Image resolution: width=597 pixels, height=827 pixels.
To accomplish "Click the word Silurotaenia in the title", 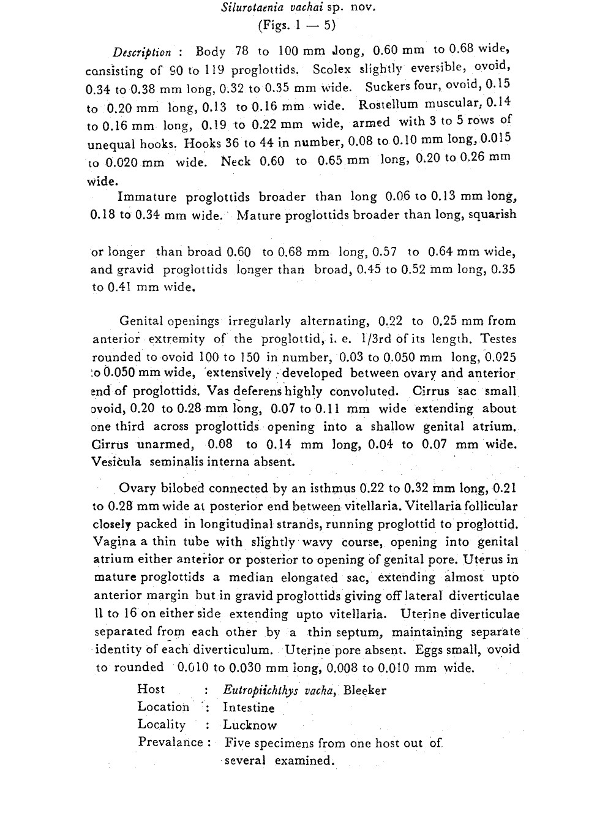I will [250, 8].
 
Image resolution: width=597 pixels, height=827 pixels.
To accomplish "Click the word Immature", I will [147, 197].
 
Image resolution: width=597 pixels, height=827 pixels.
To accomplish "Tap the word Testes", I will [498, 338].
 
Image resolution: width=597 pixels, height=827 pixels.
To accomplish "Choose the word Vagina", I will [115, 542].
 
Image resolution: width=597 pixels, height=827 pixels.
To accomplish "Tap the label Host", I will [151, 689].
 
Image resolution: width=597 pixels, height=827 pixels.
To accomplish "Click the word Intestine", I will [249, 708].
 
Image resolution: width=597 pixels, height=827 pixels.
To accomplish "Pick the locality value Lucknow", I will [250, 725].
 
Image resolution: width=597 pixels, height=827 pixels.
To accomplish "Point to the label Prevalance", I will [170, 742].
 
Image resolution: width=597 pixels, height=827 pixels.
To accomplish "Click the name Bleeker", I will [365, 690].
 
